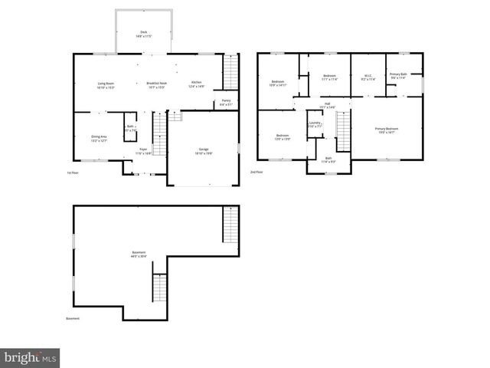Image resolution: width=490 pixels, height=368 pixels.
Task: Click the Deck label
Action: [x=143, y=34]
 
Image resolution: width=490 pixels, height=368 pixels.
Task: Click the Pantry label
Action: [x=226, y=102]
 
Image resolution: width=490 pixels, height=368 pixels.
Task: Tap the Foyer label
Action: [x=143, y=151]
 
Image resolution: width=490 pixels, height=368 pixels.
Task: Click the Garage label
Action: [x=203, y=151]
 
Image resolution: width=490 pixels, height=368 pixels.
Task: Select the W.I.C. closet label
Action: [x=367, y=77]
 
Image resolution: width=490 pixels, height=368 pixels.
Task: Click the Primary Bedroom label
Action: [x=385, y=130]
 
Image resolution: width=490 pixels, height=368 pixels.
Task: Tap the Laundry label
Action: [x=315, y=125]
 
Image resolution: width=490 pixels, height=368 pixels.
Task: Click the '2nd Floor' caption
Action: [x=256, y=172]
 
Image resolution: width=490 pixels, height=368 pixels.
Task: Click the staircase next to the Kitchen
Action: [x=230, y=73]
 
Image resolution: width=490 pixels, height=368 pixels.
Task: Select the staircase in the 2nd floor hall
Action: [x=343, y=130]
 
